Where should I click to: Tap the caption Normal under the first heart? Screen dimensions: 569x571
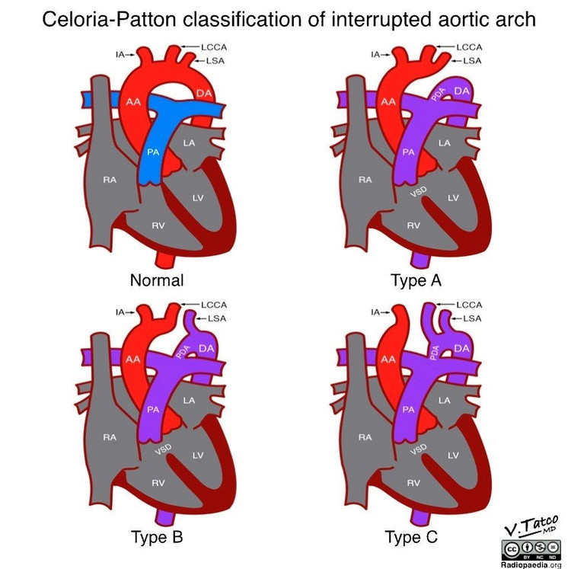(x=157, y=280)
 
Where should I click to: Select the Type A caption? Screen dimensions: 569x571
(x=416, y=280)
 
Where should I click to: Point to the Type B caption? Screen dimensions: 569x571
(x=157, y=538)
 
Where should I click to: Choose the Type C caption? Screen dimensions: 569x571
(x=412, y=538)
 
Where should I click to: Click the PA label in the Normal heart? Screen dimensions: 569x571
(x=153, y=152)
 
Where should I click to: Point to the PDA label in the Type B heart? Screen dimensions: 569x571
(x=181, y=352)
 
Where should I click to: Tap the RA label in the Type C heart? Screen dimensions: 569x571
(x=365, y=437)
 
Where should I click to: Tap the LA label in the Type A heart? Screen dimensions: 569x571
(x=444, y=142)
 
